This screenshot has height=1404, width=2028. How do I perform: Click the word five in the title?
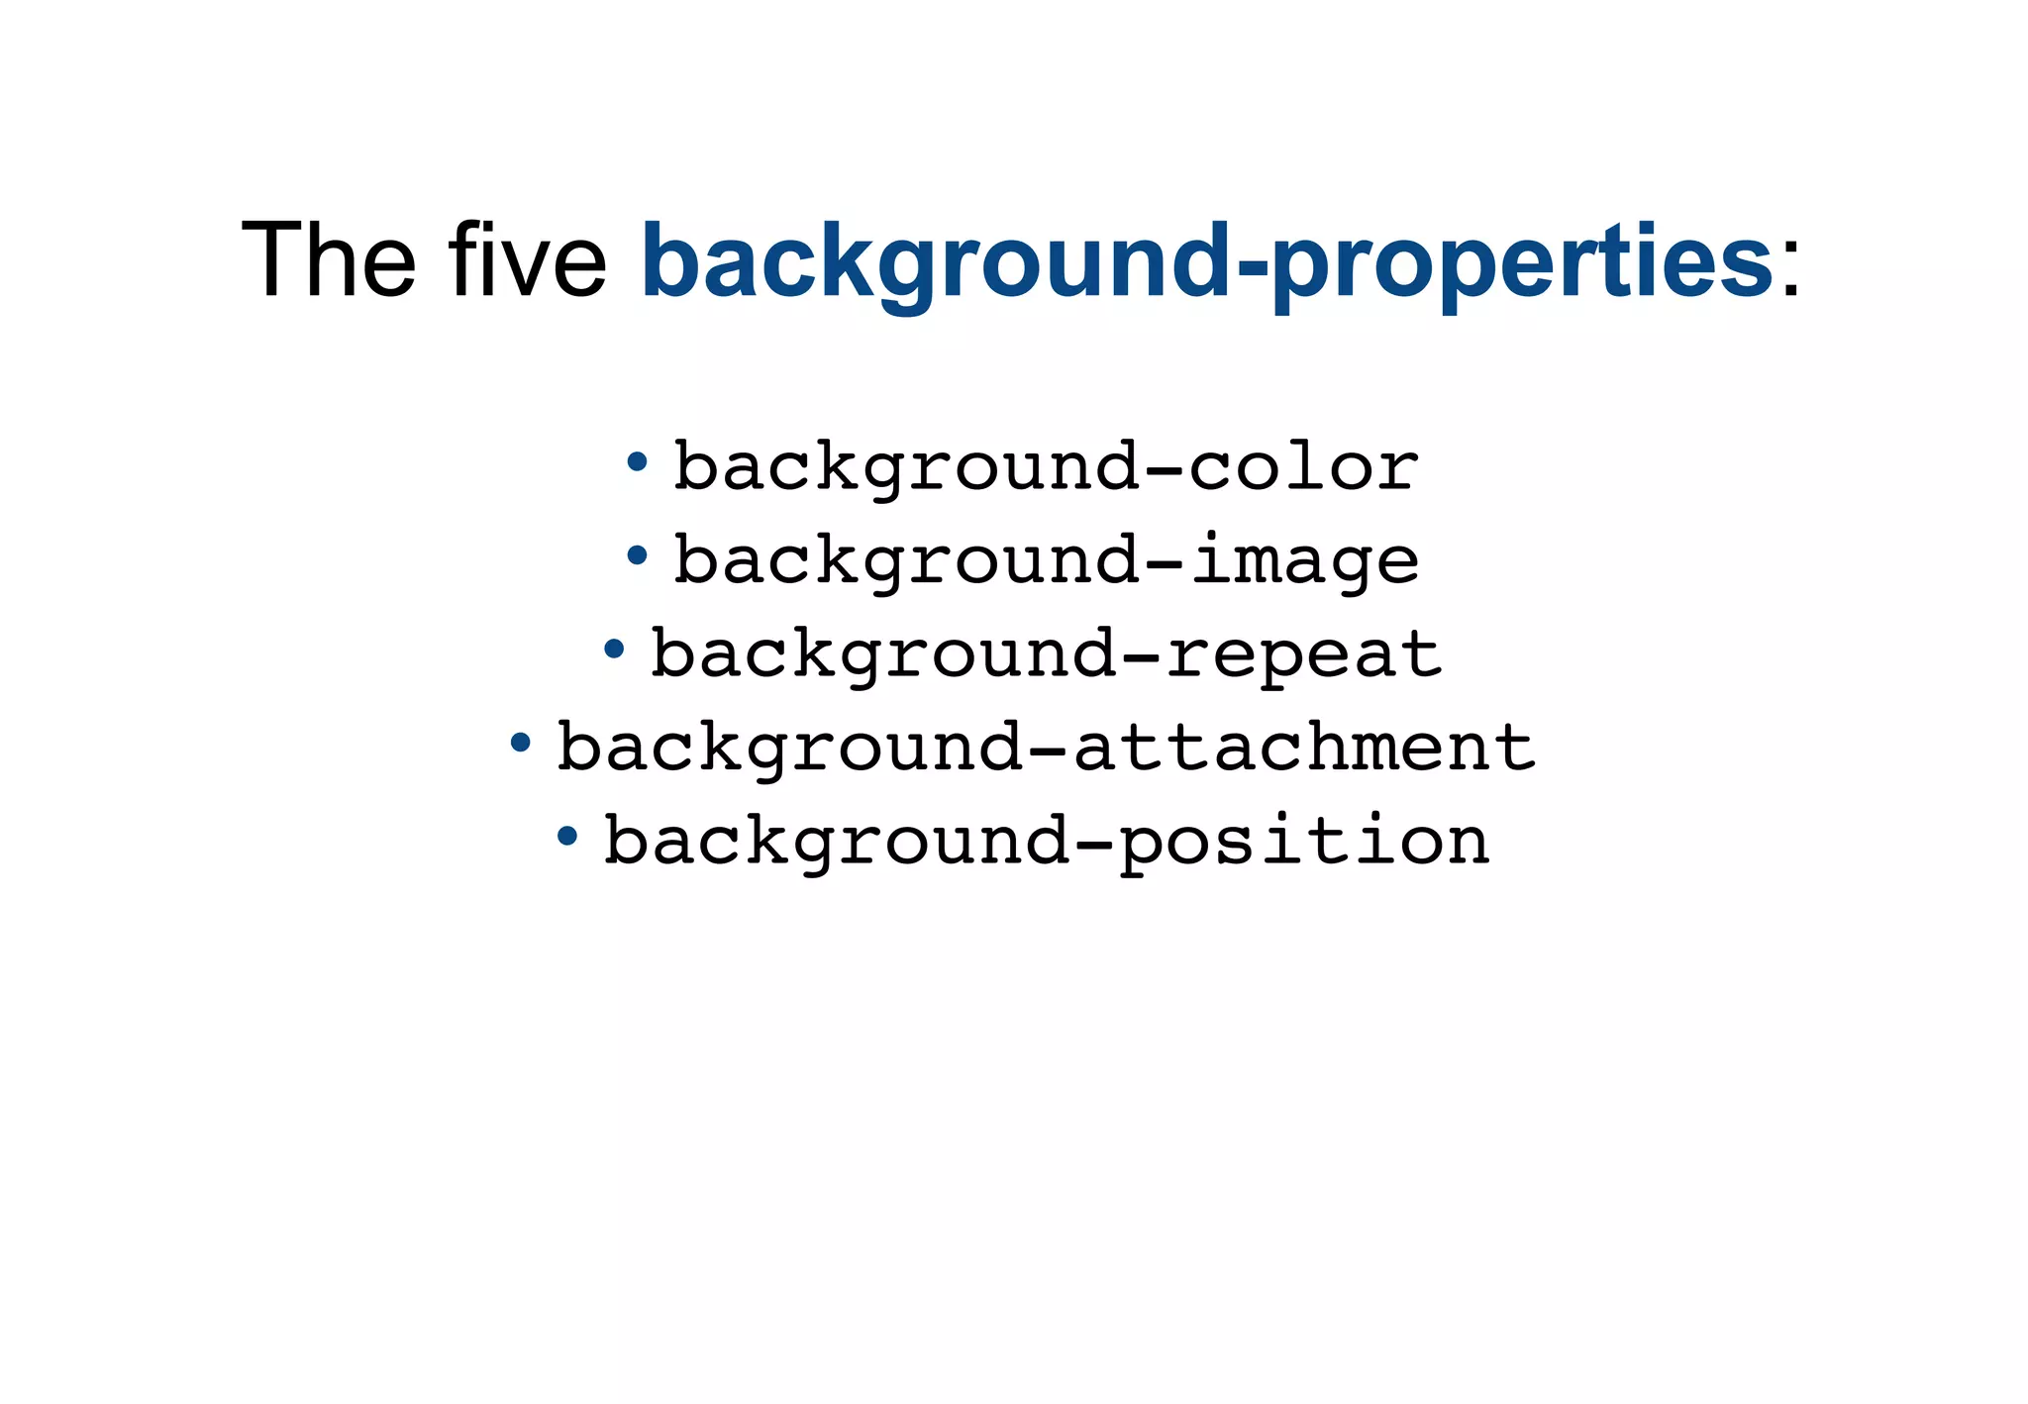point(528,259)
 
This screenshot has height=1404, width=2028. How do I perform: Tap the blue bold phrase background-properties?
point(1206,261)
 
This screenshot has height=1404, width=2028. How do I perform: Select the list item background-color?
point(1046,466)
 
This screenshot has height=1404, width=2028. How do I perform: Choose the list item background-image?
point(1046,560)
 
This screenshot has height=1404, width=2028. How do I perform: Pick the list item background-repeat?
point(1046,653)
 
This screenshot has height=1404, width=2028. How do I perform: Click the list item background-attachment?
point(1046,747)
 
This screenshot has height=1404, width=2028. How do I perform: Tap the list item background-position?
point(1046,841)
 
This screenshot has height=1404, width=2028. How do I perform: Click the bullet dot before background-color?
point(638,461)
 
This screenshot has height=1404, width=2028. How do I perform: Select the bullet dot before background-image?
point(638,555)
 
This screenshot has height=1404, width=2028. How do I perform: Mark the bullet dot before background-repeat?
point(614,650)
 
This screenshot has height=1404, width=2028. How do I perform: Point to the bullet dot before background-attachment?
point(521,743)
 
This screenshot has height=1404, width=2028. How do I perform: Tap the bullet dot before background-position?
point(567,836)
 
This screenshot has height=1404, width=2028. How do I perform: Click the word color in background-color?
point(1303,466)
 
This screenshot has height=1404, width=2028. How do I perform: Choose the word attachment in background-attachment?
point(1303,747)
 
